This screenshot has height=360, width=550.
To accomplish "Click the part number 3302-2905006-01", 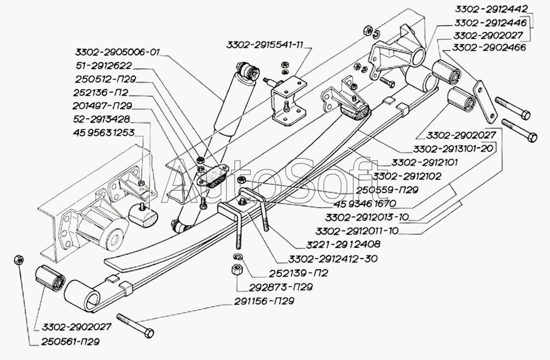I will pyautogui.click(x=117, y=53).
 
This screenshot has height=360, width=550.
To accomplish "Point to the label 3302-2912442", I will pyautogui.click(x=491, y=8).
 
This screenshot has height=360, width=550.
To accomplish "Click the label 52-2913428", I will pyautogui.click(x=101, y=119).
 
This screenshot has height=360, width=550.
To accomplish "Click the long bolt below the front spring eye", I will pyautogui.click(x=134, y=325).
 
